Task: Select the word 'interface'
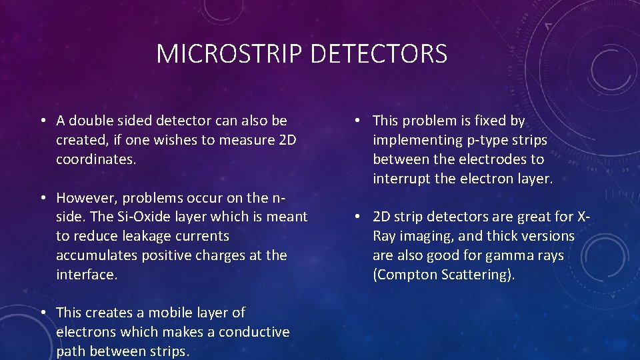click(85, 275)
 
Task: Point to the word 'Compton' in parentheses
click(407, 275)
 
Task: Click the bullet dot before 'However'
click(42, 198)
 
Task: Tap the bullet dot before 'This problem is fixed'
click(359, 121)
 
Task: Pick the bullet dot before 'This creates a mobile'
click(42, 313)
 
